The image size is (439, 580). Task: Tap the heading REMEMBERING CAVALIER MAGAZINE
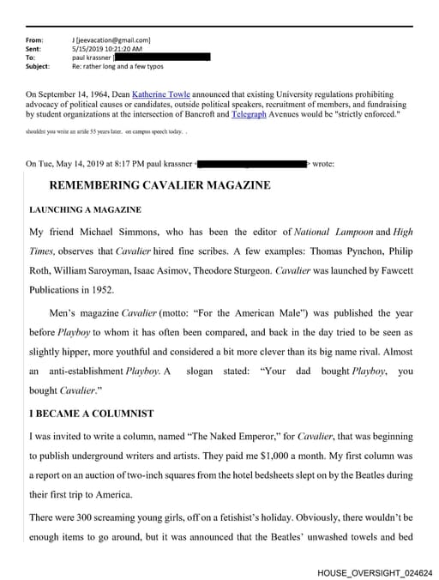159,185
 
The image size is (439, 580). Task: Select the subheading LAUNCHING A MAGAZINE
85,209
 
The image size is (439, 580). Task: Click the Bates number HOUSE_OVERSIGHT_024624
375,571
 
